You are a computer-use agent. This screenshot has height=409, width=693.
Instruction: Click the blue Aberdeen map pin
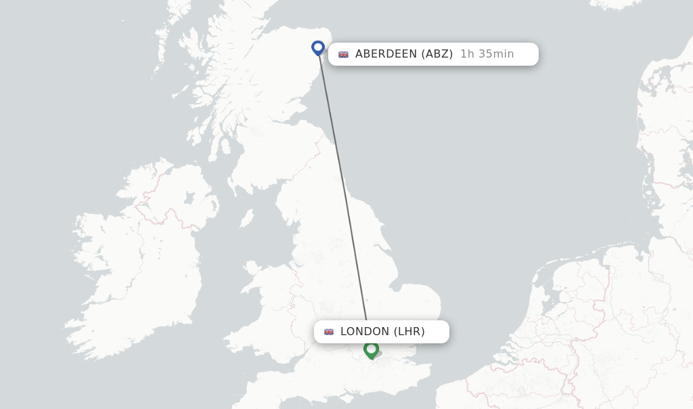(x=318, y=48)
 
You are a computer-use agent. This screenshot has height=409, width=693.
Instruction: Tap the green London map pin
(x=371, y=349)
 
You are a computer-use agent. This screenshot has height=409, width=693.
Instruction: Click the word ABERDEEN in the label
(x=386, y=54)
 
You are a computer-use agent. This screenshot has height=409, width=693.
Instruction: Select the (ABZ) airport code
(x=437, y=54)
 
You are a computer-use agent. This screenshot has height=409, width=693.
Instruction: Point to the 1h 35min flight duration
(x=487, y=54)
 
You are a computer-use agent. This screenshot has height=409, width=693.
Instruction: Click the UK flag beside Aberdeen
(x=344, y=54)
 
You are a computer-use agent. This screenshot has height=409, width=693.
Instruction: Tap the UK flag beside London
(x=329, y=332)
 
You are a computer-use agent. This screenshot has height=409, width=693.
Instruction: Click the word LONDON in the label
(x=365, y=332)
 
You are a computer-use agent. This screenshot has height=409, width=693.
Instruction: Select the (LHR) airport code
(x=409, y=332)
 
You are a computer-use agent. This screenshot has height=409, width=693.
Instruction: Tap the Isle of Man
(x=247, y=218)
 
